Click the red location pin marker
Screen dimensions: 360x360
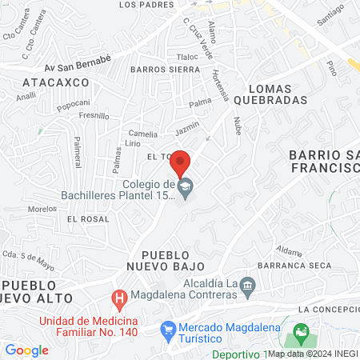coord(181,162)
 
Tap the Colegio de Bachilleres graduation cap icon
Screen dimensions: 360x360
coord(186,191)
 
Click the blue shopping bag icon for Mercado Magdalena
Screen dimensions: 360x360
coord(168,329)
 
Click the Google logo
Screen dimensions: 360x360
coord(27,350)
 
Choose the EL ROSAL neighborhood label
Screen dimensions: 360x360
coord(87,218)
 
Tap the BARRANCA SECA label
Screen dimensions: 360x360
coord(294,264)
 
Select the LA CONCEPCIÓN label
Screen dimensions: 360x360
coord(328,309)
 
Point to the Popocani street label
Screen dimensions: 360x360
coord(73,104)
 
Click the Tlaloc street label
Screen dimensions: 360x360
coord(187,57)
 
